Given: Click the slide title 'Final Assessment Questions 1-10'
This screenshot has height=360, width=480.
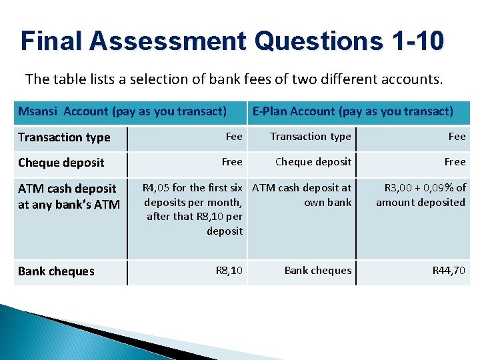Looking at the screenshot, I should [232, 41].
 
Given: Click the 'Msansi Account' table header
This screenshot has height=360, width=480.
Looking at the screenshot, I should [122, 111].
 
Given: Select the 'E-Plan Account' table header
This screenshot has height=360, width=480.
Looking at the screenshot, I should [353, 111].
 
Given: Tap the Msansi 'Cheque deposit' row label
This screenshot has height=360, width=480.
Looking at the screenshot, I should [61, 163].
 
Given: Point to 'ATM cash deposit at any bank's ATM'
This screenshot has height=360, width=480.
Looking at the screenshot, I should [68, 197].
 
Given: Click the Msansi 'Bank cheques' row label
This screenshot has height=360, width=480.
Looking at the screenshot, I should [56, 271].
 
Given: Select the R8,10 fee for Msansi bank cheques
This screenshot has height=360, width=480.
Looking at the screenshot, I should [229, 271].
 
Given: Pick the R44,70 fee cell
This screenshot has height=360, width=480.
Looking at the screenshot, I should [449, 271].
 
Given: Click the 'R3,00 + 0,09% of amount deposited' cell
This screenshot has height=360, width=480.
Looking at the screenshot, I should [421, 195].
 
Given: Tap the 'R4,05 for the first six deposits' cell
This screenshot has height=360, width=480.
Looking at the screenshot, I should [193, 209].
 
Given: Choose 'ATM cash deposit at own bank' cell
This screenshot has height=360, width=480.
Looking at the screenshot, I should [302, 195].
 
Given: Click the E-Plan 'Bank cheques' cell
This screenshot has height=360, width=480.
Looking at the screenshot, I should [318, 271].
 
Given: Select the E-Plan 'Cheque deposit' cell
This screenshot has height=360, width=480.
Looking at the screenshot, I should [313, 162].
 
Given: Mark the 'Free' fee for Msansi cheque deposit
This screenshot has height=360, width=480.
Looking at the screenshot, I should [232, 162].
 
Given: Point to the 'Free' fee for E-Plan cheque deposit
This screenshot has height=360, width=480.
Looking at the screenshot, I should [455, 162].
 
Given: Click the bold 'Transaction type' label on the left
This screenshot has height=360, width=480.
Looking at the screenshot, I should [64, 137].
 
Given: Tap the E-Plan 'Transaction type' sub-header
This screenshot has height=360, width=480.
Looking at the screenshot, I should [311, 137].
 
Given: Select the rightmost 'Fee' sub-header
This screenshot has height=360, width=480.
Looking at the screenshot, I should [457, 137].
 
